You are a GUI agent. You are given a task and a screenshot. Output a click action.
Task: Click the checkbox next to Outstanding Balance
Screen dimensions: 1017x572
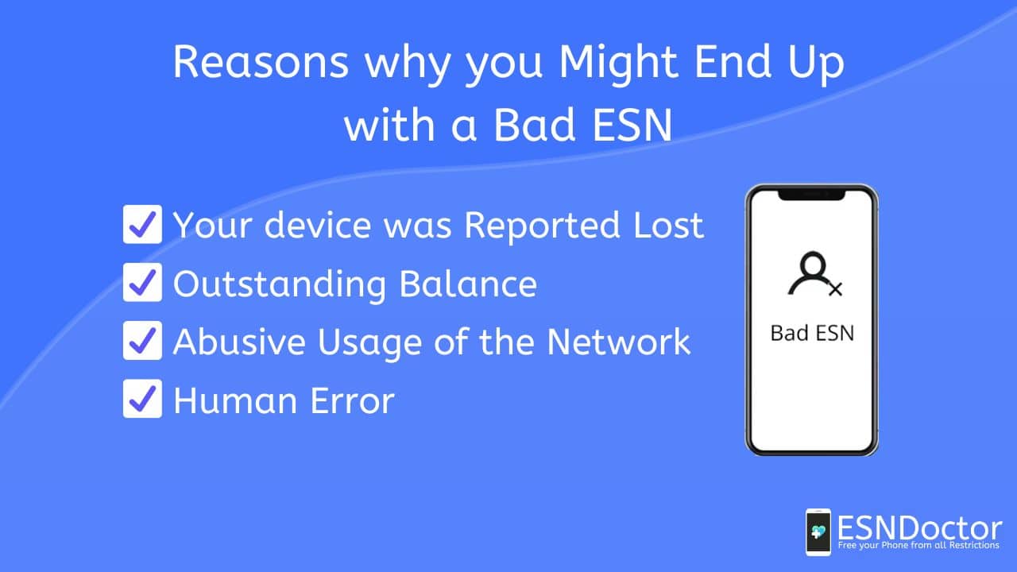pos(142,282)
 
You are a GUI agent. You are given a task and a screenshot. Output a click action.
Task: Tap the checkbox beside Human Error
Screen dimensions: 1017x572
pos(142,399)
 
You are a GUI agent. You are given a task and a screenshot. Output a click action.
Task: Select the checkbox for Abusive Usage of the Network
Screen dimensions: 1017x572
pos(142,341)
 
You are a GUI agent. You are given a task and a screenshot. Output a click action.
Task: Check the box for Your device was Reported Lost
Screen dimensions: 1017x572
pos(142,224)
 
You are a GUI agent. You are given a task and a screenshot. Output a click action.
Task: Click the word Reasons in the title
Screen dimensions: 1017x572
pos(261,62)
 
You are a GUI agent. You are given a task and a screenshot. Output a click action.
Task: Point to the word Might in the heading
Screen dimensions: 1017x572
pos(618,64)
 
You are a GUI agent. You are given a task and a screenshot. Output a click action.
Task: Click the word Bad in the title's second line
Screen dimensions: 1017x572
pos(535,125)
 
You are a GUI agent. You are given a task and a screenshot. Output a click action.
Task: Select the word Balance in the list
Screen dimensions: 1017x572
pos(468,284)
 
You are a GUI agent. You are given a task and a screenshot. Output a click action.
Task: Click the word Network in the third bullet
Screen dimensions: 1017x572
pos(618,342)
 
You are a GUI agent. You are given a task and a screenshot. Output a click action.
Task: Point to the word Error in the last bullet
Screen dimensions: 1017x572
pos(352,400)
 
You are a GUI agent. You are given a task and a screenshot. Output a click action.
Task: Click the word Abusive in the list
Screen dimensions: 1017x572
pos(239,342)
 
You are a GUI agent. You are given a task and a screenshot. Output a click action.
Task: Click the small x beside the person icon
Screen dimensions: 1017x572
pos(835,289)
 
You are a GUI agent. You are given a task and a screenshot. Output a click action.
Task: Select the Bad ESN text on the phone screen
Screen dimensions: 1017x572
pos(812,333)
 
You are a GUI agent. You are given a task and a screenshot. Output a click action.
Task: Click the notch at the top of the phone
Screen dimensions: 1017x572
pos(812,195)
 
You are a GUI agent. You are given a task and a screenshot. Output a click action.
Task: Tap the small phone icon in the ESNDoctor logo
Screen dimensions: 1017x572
pos(818,532)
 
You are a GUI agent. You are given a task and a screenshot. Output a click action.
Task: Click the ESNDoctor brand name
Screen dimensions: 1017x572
pos(919,528)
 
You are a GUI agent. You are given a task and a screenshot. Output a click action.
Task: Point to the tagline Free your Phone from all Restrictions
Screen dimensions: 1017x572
pos(918,545)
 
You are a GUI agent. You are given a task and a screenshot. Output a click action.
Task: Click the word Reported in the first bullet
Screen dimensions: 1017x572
pos(542,226)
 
